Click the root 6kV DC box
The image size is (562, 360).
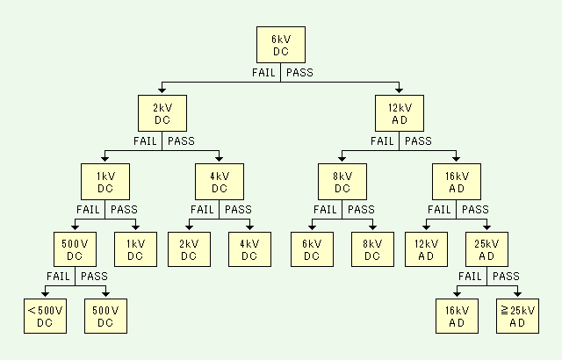tap(280, 46)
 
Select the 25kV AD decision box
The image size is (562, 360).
tap(486, 250)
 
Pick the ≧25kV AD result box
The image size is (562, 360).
tap(518, 317)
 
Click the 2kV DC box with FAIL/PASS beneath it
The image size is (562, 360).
tap(162, 114)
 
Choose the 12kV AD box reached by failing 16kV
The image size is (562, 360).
tap(426, 250)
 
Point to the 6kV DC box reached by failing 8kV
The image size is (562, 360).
tap(312, 250)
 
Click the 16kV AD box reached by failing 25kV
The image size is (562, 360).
tap(458, 317)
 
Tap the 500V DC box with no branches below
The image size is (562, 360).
tap(106, 317)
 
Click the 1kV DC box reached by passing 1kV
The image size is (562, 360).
tap(134, 250)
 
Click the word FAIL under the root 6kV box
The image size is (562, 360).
tap(264, 73)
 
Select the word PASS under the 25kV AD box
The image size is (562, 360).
tap(506, 277)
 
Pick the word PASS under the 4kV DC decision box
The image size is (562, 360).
tap(237, 210)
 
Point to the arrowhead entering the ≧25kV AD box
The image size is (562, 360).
tap(518, 294)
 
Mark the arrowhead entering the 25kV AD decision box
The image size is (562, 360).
tap(486, 227)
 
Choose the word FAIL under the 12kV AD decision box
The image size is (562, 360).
tap(383, 141)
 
